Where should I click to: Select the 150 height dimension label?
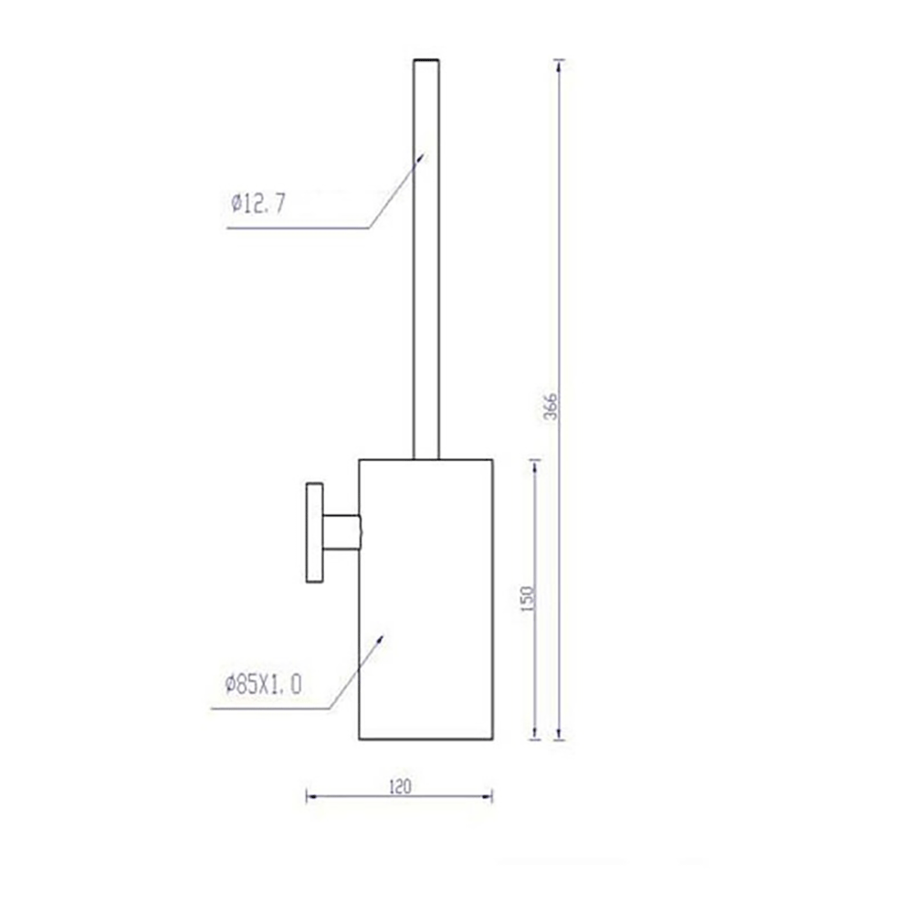coord(527,599)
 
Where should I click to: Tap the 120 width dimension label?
coord(400,785)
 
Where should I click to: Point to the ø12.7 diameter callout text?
coord(258,204)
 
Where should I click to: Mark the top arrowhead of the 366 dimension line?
coord(560,64)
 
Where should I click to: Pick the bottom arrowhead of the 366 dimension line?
coord(560,735)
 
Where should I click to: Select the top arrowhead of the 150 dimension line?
coord(536,464)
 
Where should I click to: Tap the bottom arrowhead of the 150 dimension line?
coord(536,735)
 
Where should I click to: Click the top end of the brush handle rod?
coord(426,61)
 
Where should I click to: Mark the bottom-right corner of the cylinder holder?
coord(493,740)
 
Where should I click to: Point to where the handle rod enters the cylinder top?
coord(426,457)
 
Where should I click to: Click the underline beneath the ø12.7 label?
coord(297,228)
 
